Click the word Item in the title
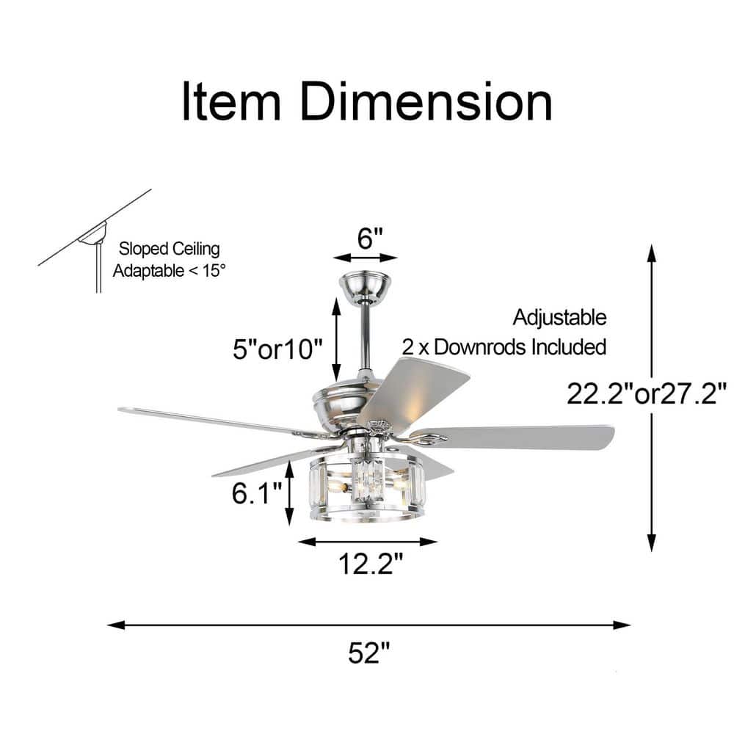pyautogui.click(x=231, y=101)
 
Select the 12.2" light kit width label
pyautogui.click(x=370, y=563)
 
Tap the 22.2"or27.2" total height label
pyautogui.click(x=647, y=393)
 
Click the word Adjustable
pyautogui.click(x=559, y=317)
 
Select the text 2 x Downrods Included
pyautogui.click(x=504, y=347)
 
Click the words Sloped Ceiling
pyautogui.click(x=169, y=249)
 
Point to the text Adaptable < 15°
pyautogui.click(x=169, y=271)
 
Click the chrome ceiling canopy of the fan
pyautogui.click(x=365, y=287)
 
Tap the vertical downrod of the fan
pyautogui.click(x=365, y=336)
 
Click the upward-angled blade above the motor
pyautogui.click(x=414, y=391)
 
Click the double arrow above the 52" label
pyautogui.click(x=369, y=625)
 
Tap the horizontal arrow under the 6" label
pyautogui.click(x=366, y=258)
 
